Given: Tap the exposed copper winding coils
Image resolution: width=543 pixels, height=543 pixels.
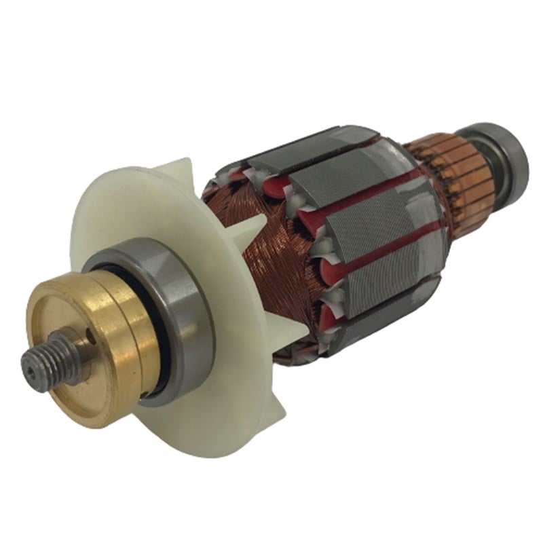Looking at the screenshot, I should point(271,271).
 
